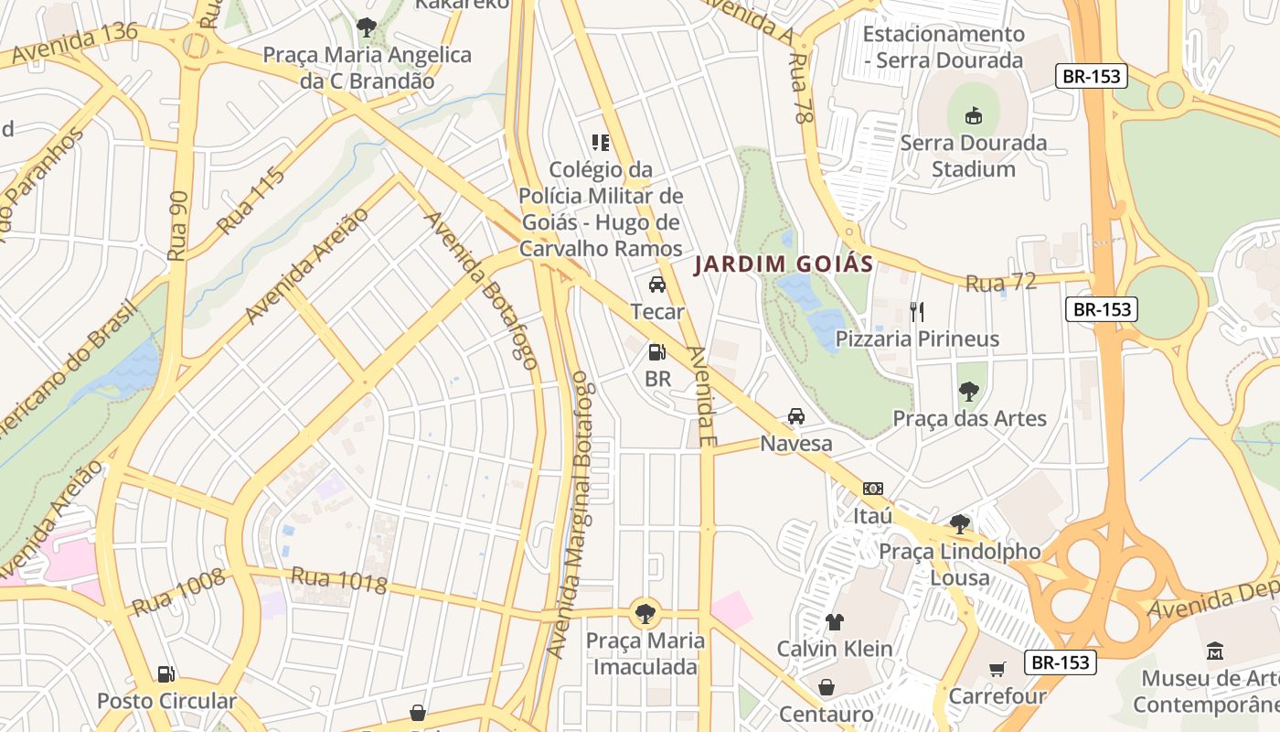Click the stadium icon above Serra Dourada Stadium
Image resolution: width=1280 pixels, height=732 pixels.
pos(973,116)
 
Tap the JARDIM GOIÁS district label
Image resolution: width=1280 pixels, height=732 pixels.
pos(784,264)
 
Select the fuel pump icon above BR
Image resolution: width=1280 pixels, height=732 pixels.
pos(656,351)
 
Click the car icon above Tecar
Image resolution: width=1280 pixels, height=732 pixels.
pos(656,285)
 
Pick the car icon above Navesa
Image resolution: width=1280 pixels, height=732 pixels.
pos(796,416)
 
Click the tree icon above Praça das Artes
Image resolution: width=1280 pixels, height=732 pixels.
pos(968,392)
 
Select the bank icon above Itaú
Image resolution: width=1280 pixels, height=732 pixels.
pos(872,489)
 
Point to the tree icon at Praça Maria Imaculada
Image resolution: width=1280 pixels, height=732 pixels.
pos(645,612)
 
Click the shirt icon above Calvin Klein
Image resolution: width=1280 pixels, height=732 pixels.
pos(834,622)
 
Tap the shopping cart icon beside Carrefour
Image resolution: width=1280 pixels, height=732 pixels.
pos(997,670)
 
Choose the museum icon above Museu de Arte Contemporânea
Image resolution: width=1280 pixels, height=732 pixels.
pos(1215,651)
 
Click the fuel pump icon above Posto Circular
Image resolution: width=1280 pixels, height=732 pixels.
pos(166,674)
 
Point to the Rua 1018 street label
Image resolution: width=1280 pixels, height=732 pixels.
pos(339,579)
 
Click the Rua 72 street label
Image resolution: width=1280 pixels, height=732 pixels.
pos(1001,283)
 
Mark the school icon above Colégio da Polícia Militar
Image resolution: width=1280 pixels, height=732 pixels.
pos(601,143)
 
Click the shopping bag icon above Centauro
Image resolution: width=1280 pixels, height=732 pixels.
pos(827,687)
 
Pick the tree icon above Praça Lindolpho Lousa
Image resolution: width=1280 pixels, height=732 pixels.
pos(959,524)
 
